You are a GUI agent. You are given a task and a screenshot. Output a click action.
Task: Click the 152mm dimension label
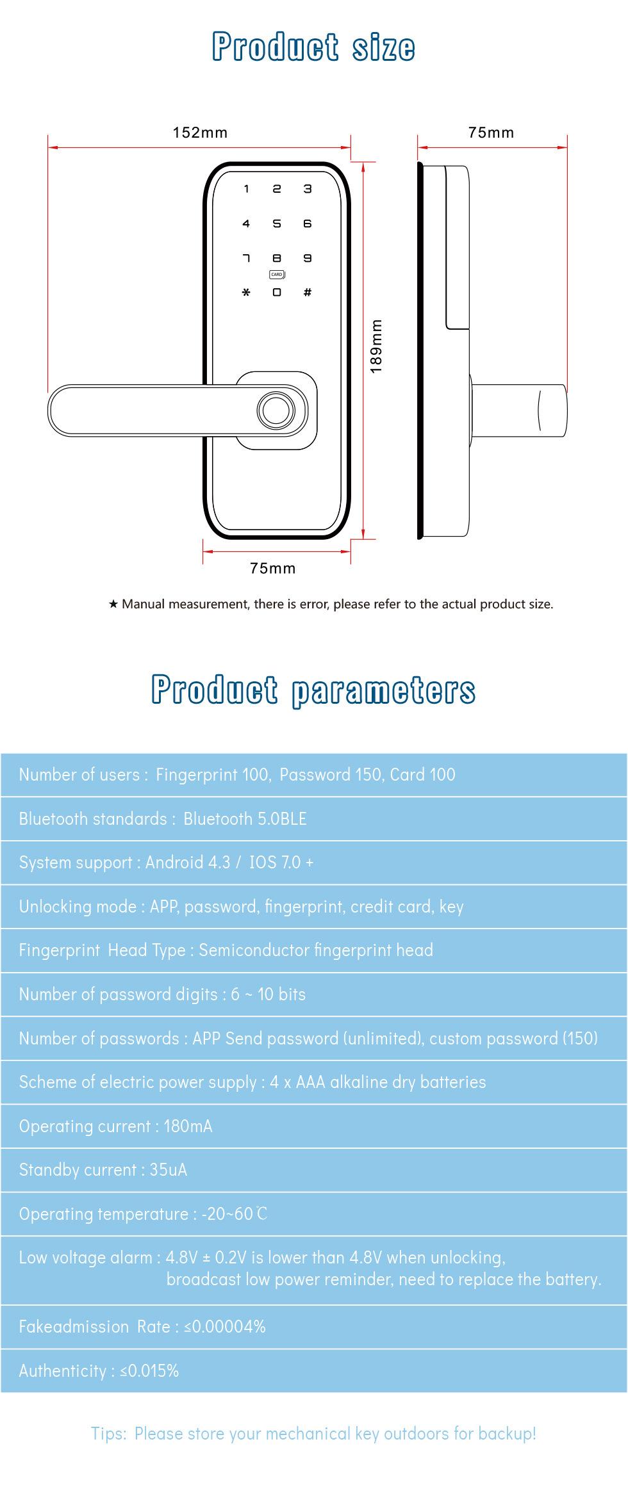click(x=200, y=133)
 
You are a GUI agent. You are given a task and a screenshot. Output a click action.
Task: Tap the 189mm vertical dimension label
click(x=376, y=346)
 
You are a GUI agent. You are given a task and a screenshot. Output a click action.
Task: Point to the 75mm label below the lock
click(x=273, y=568)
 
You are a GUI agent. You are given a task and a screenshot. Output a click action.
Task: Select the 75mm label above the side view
click(x=491, y=133)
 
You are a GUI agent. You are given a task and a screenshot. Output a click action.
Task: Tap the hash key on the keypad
click(x=308, y=293)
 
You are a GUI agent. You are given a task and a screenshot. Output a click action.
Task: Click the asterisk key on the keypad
click(x=246, y=293)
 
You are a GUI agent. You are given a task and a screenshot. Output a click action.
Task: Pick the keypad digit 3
click(x=308, y=189)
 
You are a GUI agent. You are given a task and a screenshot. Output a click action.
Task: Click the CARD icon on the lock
click(x=277, y=275)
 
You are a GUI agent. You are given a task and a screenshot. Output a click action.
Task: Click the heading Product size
click(x=313, y=47)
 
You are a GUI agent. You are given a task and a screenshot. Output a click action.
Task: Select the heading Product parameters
click(x=313, y=690)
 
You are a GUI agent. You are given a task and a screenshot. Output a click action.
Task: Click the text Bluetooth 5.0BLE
click(x=245, y=818)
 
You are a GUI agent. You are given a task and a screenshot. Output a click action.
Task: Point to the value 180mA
click(x=188, y=1126)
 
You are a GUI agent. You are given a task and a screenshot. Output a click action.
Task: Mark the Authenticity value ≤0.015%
click(x=149, y=1370)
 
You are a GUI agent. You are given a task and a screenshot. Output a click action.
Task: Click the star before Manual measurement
click(x=113, y=604)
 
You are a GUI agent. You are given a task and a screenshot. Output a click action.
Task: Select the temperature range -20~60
click(x=234, y=1213)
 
